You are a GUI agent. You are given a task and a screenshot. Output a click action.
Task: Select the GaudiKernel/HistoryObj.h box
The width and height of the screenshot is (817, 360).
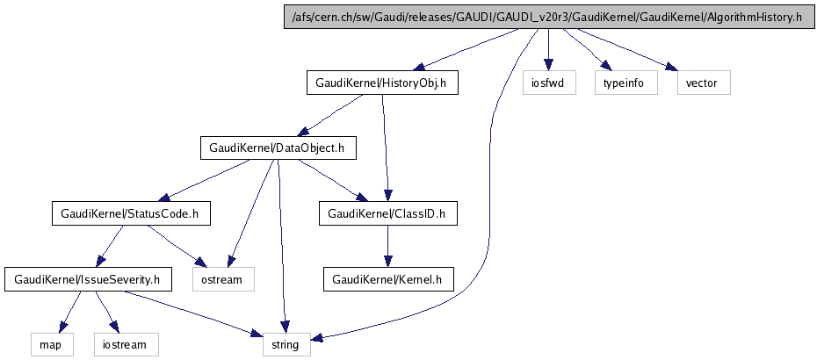(x=382, y=83)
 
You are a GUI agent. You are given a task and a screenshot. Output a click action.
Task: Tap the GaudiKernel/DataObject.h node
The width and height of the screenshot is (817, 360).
(x=278, y=148)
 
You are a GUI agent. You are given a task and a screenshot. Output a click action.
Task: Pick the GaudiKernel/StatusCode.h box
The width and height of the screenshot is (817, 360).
(x=129, y=213)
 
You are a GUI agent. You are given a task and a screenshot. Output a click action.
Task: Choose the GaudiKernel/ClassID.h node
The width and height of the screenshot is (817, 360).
(x=387, y=213)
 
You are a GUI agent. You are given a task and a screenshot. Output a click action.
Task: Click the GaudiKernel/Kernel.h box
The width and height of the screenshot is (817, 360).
(x=387, y=279)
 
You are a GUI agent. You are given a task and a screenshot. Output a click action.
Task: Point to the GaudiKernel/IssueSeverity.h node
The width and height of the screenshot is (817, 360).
(x=88, y=279)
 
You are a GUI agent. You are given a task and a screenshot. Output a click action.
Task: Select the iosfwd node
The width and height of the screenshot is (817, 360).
(x=548, y=83)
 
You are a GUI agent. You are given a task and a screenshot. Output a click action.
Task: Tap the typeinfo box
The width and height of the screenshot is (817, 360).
(x=625, y=83)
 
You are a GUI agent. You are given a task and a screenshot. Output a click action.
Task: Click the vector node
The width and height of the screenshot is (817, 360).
(x=703, y=83)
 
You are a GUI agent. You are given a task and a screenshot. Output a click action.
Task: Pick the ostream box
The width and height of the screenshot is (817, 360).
(x=223, y=279)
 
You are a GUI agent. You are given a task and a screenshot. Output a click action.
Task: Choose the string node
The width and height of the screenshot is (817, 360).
(x=286, y=344)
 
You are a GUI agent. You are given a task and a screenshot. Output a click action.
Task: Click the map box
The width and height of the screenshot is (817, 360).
(x=49, y=344)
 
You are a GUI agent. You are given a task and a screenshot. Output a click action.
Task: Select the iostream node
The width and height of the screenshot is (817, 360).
(x=125, y=344)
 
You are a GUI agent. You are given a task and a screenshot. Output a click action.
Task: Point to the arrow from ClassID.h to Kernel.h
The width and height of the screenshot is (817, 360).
(x=387, y=247)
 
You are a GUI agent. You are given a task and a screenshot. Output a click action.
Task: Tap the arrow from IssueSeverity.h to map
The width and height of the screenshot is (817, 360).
(x=70, y=311)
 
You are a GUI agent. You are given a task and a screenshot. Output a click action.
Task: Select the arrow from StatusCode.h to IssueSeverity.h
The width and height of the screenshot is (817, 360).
(x=112, y=245)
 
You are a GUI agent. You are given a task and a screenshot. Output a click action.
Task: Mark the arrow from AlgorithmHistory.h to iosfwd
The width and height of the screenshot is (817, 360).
(x=548, y=49)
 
